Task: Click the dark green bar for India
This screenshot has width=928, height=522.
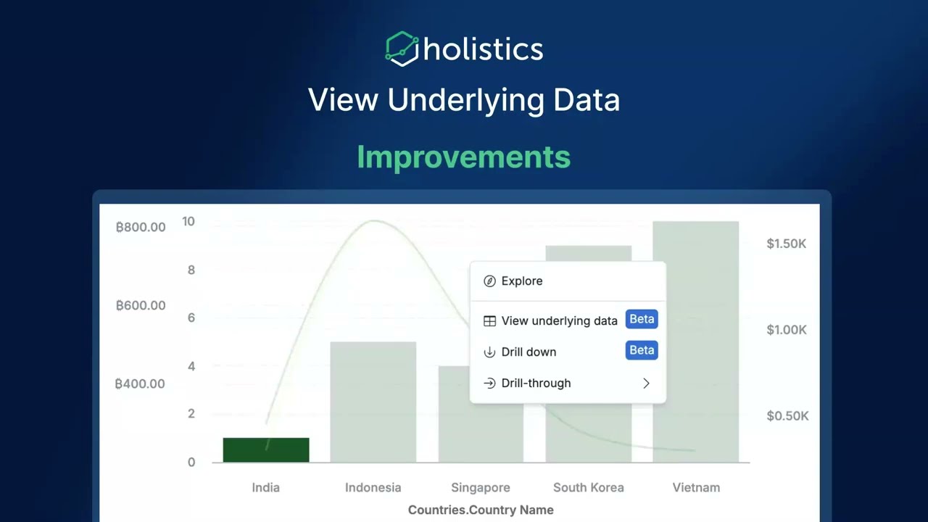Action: tap(266, 449)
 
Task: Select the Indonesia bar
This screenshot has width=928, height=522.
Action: tap(373, 402)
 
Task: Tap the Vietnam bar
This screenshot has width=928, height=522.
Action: tap(696, 341)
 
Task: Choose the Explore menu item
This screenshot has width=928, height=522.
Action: tap(521, 281)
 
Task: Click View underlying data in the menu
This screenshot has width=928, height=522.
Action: tap(559, 320)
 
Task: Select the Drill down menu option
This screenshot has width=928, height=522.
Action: tap(529, 352)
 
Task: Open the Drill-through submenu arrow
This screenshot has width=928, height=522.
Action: tap(646, 384)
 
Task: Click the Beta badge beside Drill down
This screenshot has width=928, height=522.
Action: tap(642, 350)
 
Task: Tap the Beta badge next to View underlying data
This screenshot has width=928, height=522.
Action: tap(642, 319)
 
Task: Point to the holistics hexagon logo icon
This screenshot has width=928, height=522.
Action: tap(402, 49)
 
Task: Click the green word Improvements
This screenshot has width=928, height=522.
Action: tap(463, 157)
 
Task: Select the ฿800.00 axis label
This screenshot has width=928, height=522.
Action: tap(141, 227)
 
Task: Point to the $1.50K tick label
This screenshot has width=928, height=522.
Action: tap(787, 244)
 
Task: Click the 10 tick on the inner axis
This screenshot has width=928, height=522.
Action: tap(188, 221)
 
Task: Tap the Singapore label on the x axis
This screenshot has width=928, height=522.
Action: tap(481, 488)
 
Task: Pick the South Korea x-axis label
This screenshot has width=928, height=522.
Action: tap(588, 488)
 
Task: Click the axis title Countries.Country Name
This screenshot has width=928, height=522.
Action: tap(481, 510)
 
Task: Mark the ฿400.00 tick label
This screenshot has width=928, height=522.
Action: tap(140, 384)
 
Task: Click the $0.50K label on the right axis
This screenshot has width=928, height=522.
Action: tap(787, 416)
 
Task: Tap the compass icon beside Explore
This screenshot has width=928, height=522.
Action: tap(489, 281)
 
